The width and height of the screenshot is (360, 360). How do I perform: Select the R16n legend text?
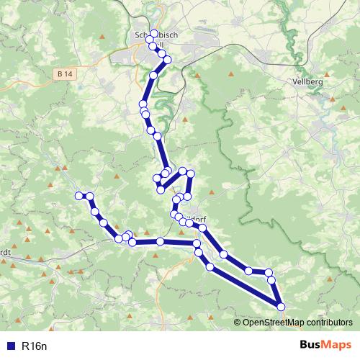pos(35,346)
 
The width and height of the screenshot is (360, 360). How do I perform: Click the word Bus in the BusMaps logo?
pos(312,346)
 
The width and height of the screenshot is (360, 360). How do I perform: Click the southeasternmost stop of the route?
pos(280,307)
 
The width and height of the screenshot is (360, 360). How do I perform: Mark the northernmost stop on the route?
pos(153,33)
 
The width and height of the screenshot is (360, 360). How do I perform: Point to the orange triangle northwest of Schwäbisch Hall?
pos(103,36)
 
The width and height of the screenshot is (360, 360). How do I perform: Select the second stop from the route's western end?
pos(90,196)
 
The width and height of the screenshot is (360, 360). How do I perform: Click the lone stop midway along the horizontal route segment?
pos(160,241)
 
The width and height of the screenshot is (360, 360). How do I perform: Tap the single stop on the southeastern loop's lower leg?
pos(210,266)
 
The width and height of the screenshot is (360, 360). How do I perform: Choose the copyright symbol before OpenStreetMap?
pos(238,323)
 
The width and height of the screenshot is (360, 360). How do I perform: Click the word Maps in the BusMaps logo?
pos(337,346)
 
